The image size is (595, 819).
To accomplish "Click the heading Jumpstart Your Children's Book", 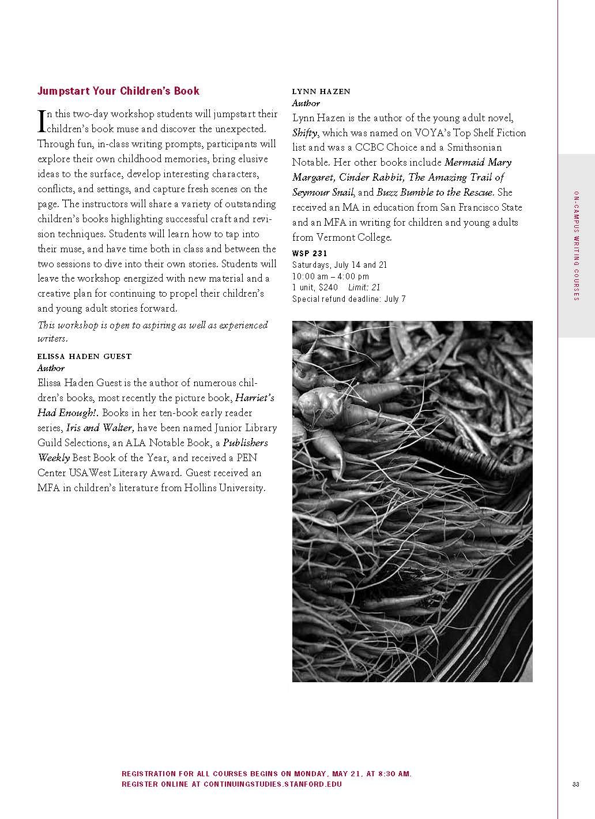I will point(118,91).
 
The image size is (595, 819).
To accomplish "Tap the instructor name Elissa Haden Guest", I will point(84,356).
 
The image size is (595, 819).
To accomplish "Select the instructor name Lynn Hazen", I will point(321,91).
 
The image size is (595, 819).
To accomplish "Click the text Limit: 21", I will point(364,287).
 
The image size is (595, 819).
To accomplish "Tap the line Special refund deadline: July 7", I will point(349,299).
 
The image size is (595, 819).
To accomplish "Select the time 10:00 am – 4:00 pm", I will point(330,276).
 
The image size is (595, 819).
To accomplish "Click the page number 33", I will point(575,784).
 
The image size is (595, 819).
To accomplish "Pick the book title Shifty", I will point(305,133).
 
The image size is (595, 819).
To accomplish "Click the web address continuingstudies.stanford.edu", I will point(273,784).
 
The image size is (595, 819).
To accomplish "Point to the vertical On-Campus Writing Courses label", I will point(576,245).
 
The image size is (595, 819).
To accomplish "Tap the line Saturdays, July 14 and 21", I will point(340,264).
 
